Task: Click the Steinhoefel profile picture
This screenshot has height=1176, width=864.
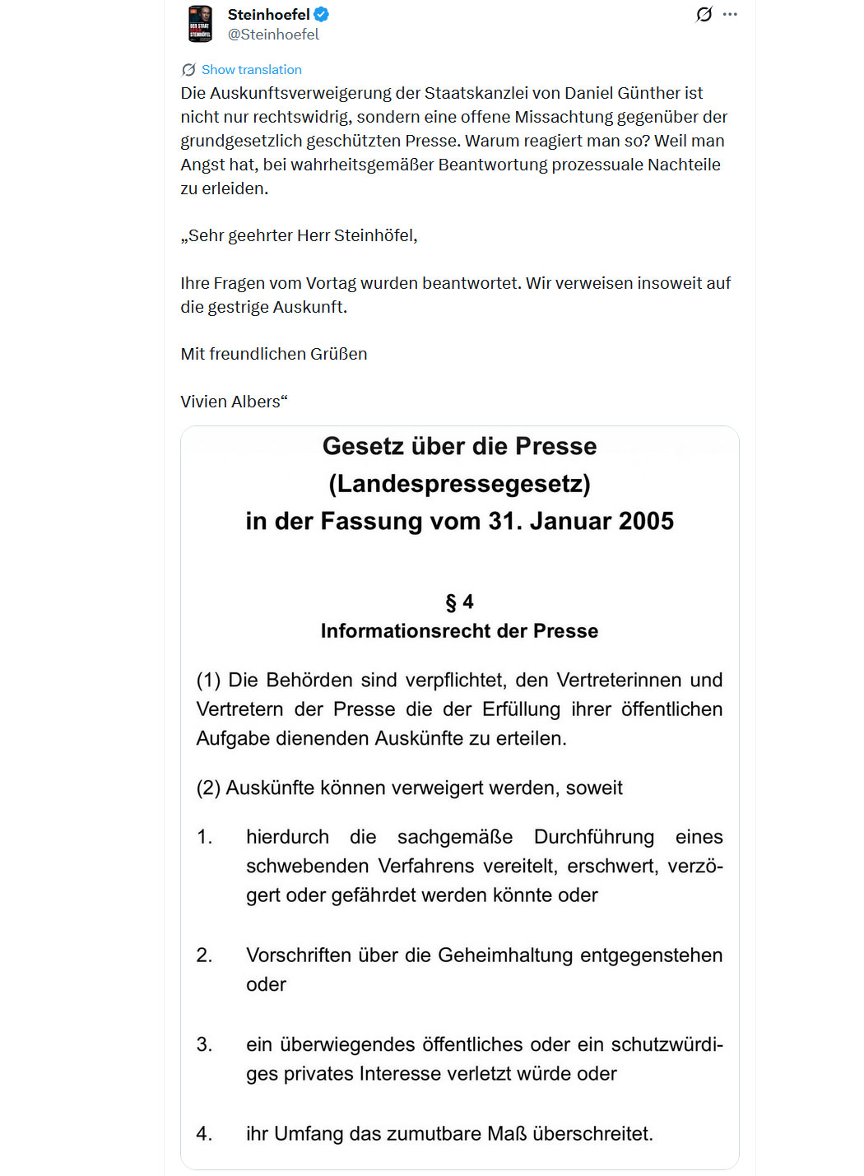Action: click(x=200, y=23)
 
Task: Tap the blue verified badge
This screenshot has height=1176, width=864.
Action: click(x=322, y=14)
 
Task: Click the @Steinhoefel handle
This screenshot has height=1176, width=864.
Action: click(x=273, y=35)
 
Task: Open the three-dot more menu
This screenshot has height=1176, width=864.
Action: click(x=730, y=14)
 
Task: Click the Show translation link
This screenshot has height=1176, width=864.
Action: click(x=251, y=70)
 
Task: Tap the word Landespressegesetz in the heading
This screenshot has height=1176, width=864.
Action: click(x=459, y=484)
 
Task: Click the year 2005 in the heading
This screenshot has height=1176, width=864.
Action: click(x=646, y=521)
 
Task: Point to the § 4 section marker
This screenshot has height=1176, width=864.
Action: click(x=459, y=602)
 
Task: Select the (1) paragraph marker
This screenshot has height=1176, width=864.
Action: click(x=208, y=681)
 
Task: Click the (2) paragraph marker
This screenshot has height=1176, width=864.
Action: click(x=208, y=788)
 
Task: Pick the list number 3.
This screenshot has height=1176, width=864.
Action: click(x=204, y=1044)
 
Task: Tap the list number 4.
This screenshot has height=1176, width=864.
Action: click(x=204, y=1134)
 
